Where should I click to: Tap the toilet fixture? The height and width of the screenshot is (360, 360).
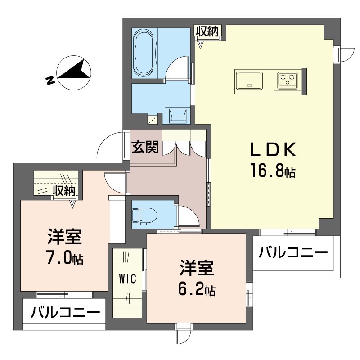144,216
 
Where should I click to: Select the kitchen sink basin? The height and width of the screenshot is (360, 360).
250,81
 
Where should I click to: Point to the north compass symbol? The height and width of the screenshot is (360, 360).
74,72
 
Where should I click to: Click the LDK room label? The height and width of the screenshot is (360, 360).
273,149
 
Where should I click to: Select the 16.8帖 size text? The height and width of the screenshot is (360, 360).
273,170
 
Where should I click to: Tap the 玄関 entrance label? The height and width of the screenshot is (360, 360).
145,147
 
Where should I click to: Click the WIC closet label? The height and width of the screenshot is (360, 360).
128,279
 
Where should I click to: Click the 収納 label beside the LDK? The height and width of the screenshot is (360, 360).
207,31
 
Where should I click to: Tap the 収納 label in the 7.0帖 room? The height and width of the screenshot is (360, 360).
64,191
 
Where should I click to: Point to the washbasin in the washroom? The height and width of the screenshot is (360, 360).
178,116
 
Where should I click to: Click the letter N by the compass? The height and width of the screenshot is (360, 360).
50,81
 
